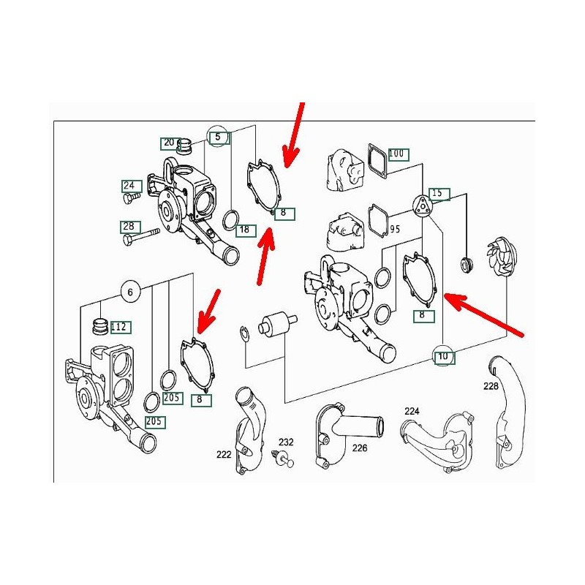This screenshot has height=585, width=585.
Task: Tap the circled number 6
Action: pos(130,291)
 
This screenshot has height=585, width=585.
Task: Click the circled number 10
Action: pos(443,356)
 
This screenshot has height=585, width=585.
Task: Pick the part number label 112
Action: pos(119,327)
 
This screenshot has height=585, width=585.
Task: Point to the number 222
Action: pos(224,454)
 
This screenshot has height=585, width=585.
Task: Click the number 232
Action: pos(286,442)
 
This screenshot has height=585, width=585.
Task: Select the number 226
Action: pos(360,448)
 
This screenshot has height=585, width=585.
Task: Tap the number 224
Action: pos(412,411)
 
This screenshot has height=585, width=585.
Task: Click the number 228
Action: pos(491,386)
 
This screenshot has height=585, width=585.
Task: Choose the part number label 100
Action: pos(399,154)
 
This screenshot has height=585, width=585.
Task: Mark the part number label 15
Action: pos(439,194)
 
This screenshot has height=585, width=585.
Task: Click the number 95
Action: pos(395,229)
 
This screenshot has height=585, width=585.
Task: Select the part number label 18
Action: pos(246,230)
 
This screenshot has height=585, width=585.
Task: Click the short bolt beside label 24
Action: pos(132,197)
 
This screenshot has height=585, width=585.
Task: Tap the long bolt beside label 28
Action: pos(141,236)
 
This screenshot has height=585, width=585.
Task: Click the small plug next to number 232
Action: pos(282,458)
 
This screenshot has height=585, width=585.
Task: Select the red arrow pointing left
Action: pos(484,314)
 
